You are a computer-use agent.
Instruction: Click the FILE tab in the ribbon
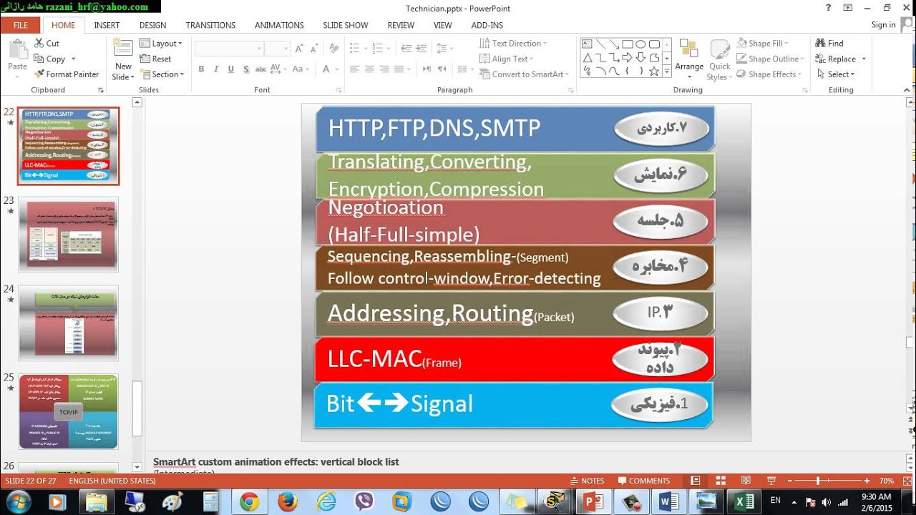[x=20, y=25]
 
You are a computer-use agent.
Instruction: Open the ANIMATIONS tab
[x=279, y=25]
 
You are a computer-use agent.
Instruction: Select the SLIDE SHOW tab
[x=345, y=25]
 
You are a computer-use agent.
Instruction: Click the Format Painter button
[x=67, y=74]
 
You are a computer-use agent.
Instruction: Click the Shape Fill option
[x=765, y=44]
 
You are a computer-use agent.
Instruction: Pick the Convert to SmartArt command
[x=527, y=74]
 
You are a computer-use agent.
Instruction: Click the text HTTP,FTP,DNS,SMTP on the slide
[x=434, y=129]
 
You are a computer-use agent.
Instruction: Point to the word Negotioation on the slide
[x=386, y=207]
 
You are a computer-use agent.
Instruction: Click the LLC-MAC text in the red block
[x=374, y=359]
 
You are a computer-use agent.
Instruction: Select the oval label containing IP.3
[x=661, y=312]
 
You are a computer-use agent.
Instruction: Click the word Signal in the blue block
[x=442, y=404]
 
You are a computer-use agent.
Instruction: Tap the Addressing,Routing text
[x=430, y=313]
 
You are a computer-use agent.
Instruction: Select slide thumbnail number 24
[x=68, y=323]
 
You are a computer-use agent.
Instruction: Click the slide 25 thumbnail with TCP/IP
[x=68, y=411]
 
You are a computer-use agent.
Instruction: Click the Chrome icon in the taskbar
[x=249, y=501]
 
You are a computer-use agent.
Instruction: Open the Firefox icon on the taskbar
[x=287, y=501]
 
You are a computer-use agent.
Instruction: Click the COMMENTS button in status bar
[x=643, y=481]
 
